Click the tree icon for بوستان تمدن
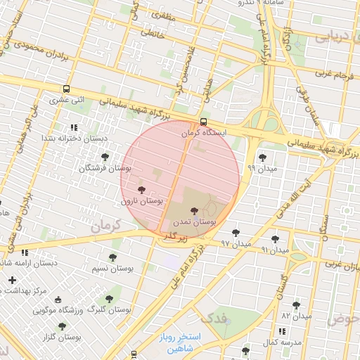(193, 210)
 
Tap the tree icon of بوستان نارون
(141, 190)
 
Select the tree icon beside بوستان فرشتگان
(105, 157)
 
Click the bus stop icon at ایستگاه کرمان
(204, 121)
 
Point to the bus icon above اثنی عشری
(66, 89)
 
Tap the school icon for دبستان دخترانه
(73, 127)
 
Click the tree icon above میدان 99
(262, 157)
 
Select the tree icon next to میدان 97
(236, 232)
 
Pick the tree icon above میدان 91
(275, 239)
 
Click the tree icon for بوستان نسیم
(112, 257)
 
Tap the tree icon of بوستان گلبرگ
(109, 299)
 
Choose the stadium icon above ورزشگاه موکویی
(58, 299)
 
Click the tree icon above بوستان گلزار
(62, 326)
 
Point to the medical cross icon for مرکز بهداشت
(12, 281)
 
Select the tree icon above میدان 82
(295, 305)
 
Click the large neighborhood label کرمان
(106, 226)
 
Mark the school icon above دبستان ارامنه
(25, 252)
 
